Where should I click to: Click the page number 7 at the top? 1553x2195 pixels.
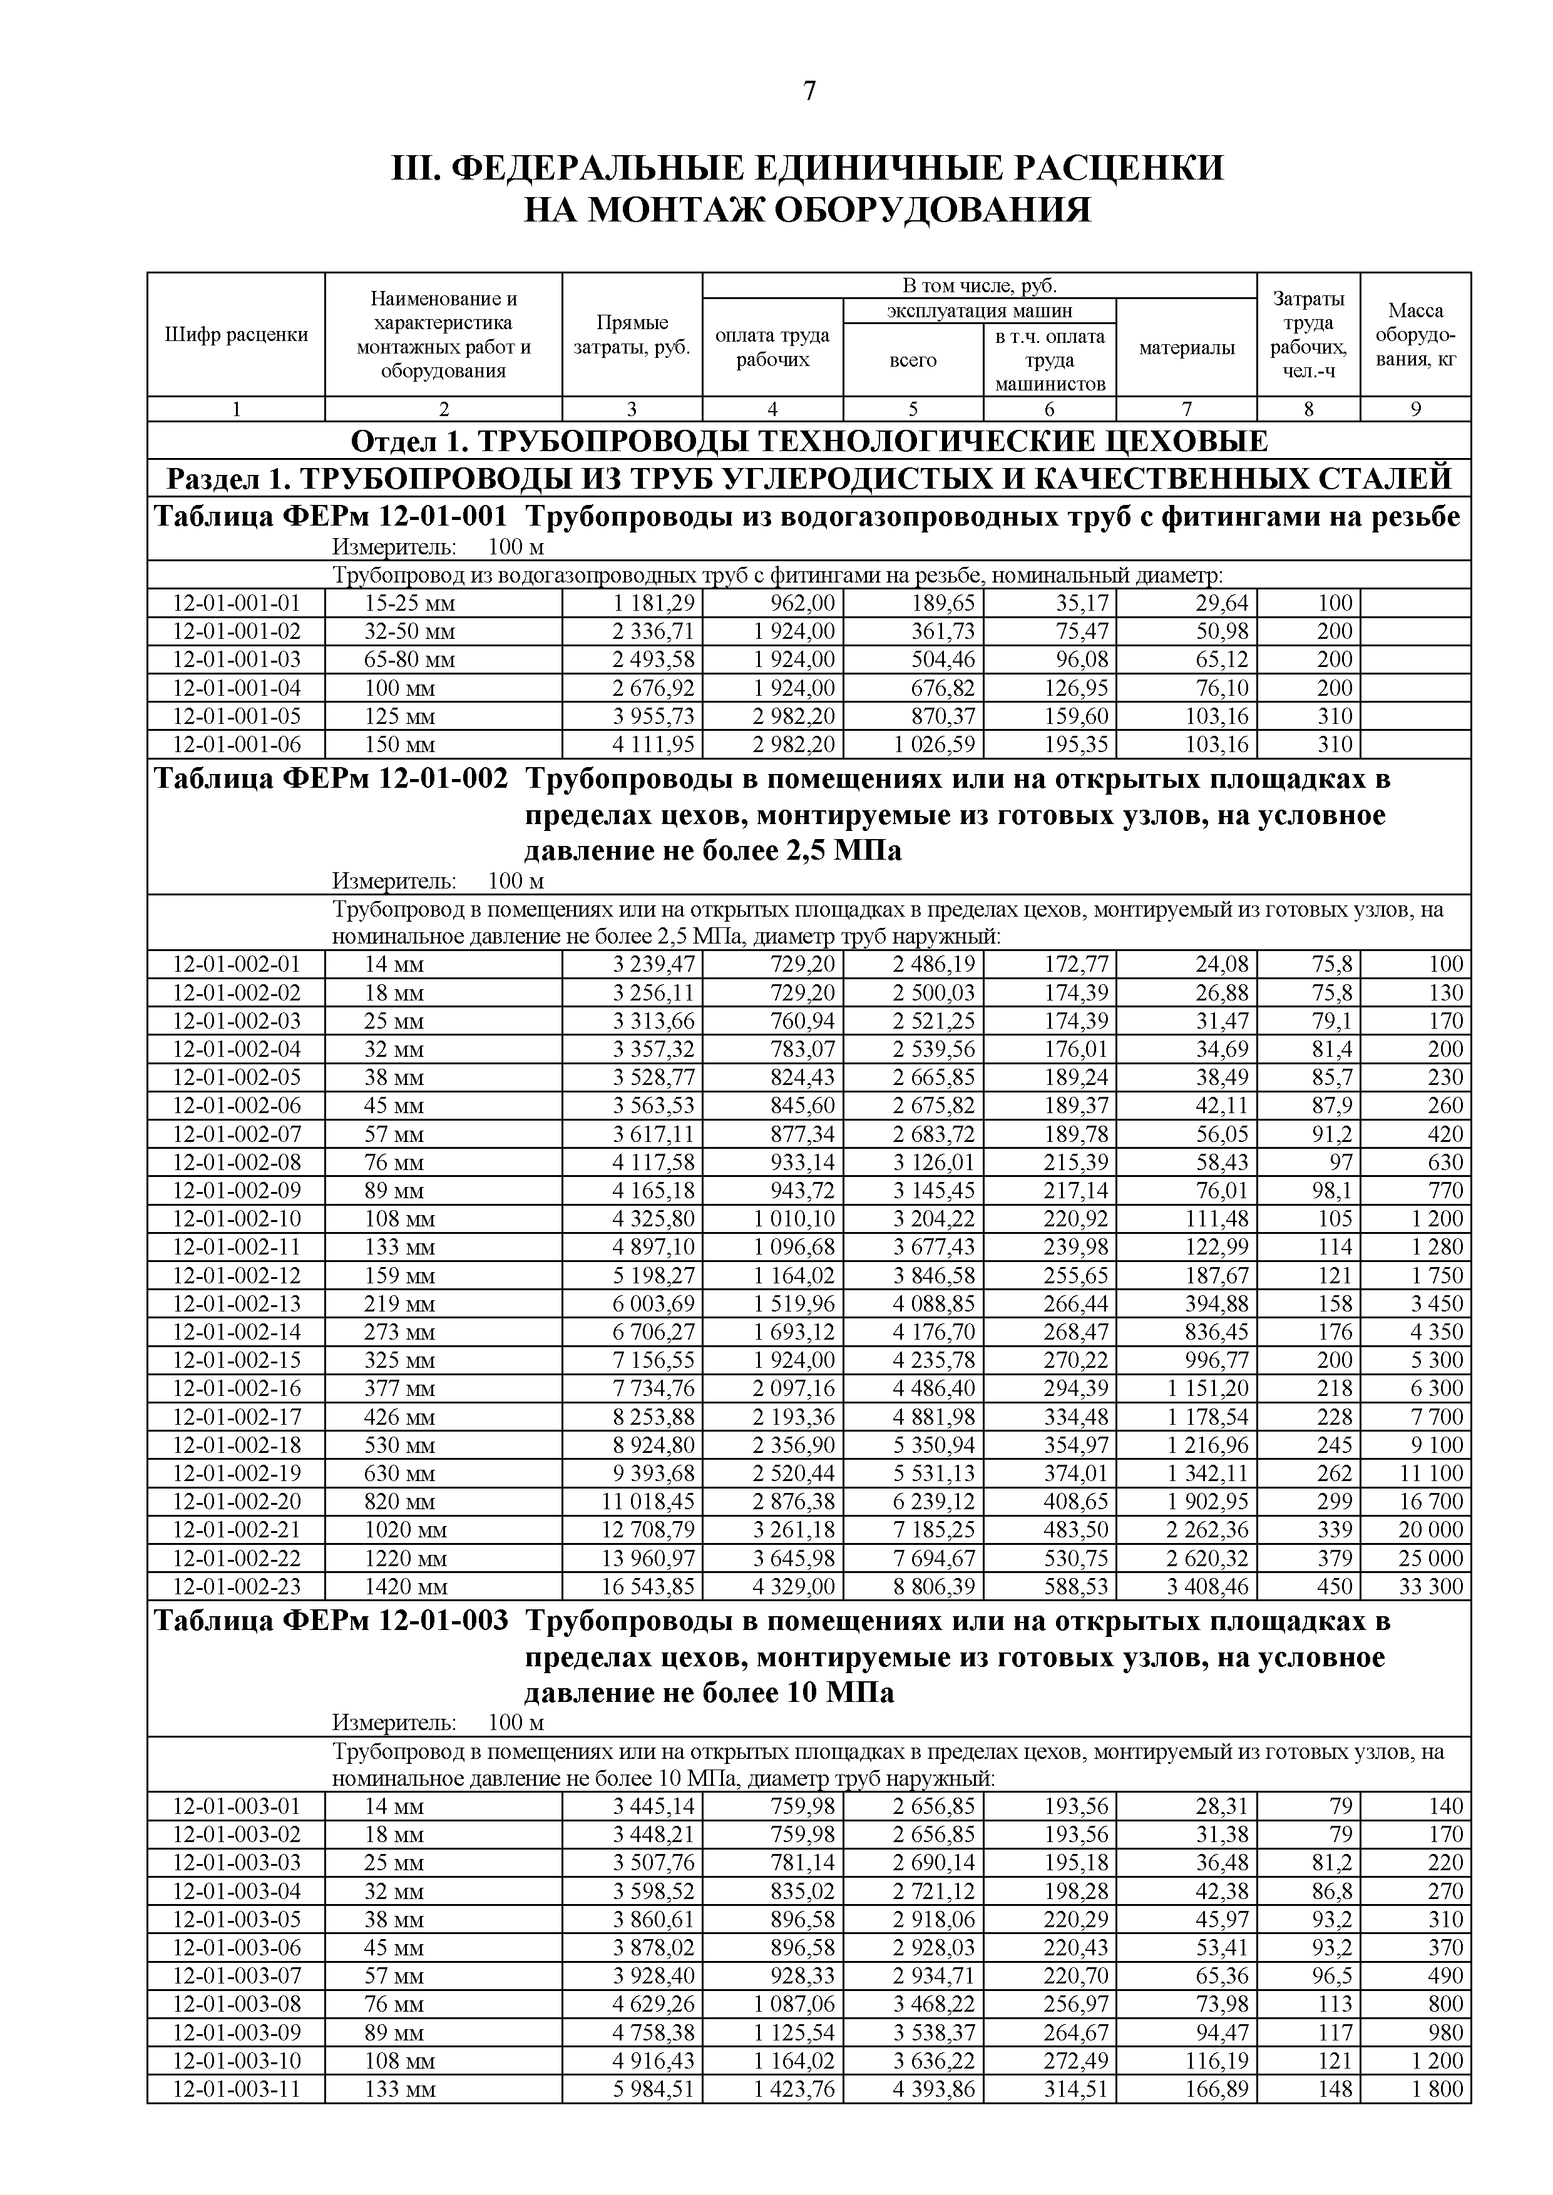pos(809,92)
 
